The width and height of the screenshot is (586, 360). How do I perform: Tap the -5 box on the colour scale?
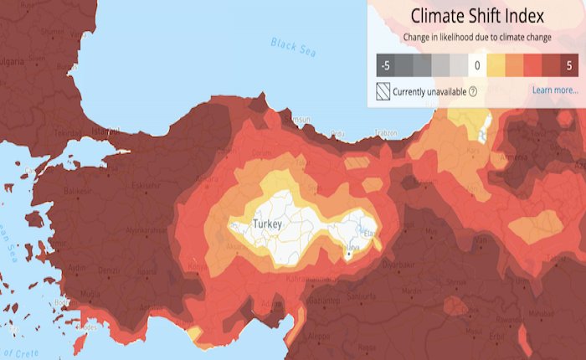[386, 64]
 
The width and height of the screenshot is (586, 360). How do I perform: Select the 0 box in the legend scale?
[476, 64]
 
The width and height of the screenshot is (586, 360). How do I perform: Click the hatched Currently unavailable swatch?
[384, 90]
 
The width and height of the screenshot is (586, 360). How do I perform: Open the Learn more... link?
[554, 90]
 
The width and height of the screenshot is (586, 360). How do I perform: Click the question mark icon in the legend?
[473, 91]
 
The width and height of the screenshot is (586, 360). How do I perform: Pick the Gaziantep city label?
[325, 300]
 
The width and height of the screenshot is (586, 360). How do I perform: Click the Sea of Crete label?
[20, 351]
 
